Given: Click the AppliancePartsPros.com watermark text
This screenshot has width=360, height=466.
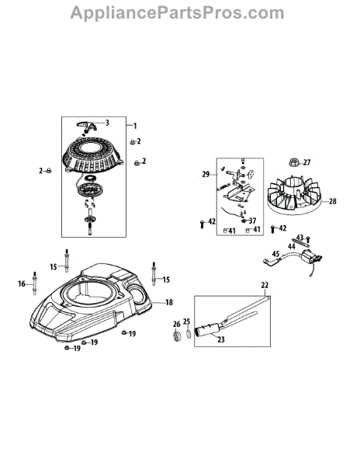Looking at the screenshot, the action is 177,13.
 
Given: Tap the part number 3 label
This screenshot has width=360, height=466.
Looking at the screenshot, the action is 107,123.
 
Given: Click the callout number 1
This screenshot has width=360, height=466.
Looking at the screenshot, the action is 135,126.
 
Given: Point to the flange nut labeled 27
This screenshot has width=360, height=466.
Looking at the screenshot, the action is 293,162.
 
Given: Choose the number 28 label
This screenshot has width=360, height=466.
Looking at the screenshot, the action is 333,201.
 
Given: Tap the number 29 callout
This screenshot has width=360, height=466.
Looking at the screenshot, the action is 206,175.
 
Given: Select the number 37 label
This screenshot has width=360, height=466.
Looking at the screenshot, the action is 252,221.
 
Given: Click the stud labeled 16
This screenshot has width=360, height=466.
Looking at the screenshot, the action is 34,283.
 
